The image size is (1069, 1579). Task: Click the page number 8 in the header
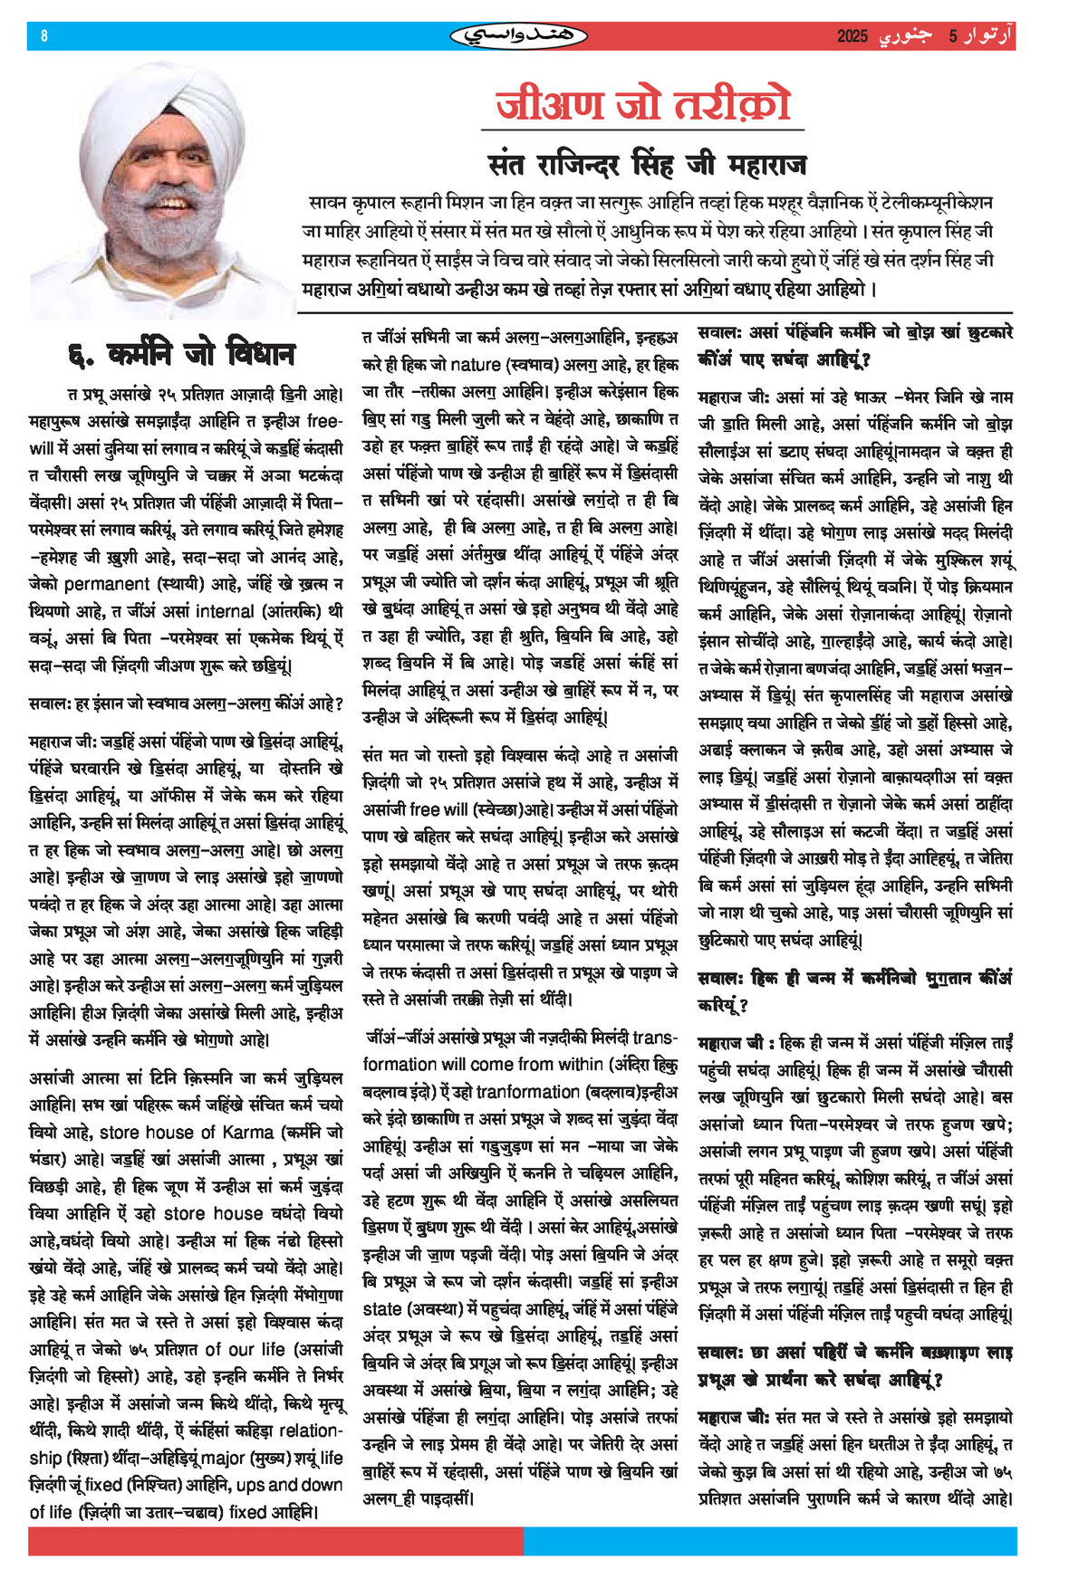[x=44, y=36]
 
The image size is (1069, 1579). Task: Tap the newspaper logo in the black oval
[x=518, y=36]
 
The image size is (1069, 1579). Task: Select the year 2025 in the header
[x=852, y=36]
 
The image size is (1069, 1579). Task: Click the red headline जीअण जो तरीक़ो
[x=643, y=104]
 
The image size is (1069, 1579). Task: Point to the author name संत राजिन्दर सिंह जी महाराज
[x=647, y=165]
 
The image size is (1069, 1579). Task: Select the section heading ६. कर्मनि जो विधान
[x=181, y=354]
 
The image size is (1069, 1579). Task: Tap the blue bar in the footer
[x=770, y=1542]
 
